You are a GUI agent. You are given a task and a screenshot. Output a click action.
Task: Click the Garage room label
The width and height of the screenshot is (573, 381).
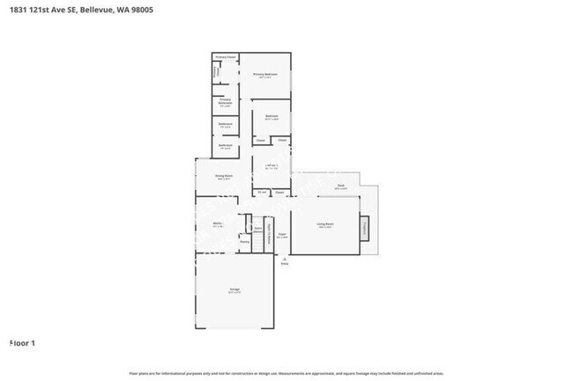coord(235,289)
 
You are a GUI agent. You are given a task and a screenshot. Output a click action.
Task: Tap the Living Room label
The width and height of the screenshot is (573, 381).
coord(325,224)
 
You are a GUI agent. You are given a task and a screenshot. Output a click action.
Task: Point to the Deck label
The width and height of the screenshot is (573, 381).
coord(340,186)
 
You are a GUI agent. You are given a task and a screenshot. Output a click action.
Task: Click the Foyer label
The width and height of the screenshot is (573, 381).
coord(282,235)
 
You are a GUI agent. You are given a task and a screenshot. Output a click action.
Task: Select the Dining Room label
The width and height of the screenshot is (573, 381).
coord(224,176)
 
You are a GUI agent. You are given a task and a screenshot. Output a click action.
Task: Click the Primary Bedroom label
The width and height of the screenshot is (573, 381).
coord(265,75)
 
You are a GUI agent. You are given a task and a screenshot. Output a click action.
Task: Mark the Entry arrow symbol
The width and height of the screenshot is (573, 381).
coord(284,258)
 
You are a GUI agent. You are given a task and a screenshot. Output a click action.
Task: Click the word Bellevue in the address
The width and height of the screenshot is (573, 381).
coord(97,10)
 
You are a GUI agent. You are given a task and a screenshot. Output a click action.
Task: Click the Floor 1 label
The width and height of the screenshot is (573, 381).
coord(22,342)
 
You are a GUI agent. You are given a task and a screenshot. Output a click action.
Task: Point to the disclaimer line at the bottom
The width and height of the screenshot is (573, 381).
coord(286,374)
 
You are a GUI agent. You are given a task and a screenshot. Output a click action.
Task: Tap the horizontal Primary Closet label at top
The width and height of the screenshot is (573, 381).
coord(226,57)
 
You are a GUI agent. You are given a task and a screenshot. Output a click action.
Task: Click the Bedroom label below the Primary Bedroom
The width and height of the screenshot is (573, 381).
coord(272,116)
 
